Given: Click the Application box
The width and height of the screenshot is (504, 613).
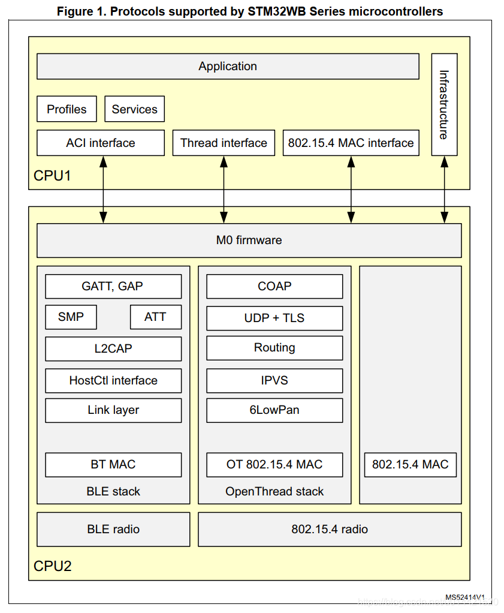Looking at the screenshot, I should coord(228,67).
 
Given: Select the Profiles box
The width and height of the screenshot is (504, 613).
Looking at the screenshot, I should coord(67,109).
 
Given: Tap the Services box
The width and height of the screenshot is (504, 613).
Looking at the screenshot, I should coord(134,109).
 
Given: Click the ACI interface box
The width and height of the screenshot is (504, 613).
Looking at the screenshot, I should coord(100,143).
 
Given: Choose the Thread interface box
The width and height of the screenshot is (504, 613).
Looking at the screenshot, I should coord(224,143).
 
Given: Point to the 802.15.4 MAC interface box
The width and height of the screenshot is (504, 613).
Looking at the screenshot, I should coord(351,143).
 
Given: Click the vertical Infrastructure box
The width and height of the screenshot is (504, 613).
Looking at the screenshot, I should coord(444,104).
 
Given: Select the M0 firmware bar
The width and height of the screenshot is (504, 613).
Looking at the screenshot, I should coord(249,240).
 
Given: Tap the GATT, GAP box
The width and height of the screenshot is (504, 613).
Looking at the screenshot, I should coord(113,286).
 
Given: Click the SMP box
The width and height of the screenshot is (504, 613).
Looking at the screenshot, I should coord(71,317).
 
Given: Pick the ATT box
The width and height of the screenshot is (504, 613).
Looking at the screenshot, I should coord(155,317).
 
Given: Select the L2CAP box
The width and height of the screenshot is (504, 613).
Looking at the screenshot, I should coord(113,348).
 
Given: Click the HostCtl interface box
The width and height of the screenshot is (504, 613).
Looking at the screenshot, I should coord(113,380).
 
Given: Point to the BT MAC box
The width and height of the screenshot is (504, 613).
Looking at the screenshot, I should coord(113,464).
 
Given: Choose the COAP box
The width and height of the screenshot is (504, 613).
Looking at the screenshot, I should coord(274,286).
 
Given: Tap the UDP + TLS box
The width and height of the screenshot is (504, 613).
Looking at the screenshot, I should coord(274,318).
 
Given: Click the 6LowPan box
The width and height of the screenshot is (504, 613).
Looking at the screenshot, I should coord(274,410).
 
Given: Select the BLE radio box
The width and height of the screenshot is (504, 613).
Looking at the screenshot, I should coord(113,529).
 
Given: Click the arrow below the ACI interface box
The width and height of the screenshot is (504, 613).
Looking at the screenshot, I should coord(104,190).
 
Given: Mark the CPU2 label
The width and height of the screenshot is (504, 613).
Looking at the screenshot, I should coord(52,566).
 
